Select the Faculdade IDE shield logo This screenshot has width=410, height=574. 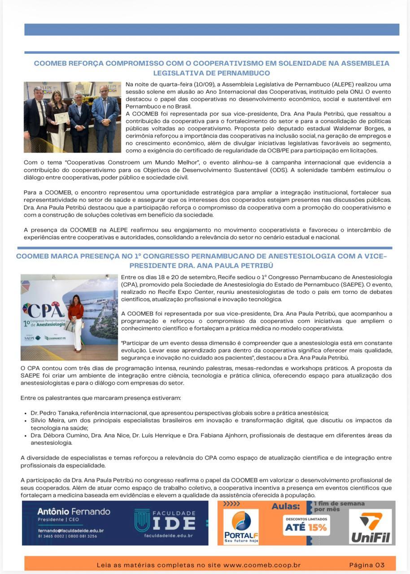tap(142, 520)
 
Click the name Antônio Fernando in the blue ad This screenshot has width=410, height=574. tap(74, 511)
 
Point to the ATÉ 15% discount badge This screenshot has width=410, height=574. tap(306, 527)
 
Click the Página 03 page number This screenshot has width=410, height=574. tap(367, 565)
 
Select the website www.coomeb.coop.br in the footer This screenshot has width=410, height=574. tap(262, 565)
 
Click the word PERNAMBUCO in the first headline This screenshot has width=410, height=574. tap(243, 73)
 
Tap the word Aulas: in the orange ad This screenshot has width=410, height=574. tap(286, 506)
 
